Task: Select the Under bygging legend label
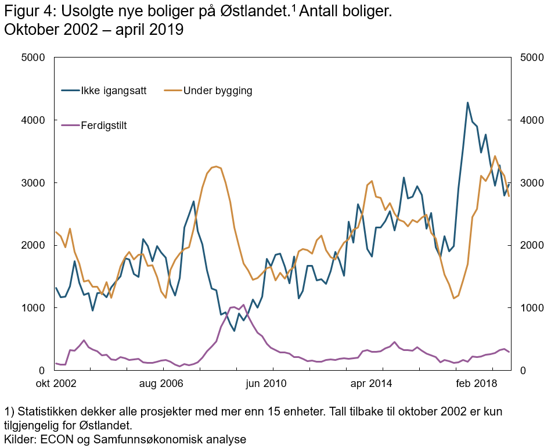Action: click(x=217, y=91)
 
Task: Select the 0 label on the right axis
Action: click(x=521, y=371)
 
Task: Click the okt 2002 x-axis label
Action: click(x=56, y=384)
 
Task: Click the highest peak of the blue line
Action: click(x=467, y=103)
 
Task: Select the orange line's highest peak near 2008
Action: click(x=216, y=166)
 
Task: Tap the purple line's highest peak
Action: click(x=243, y=304)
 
